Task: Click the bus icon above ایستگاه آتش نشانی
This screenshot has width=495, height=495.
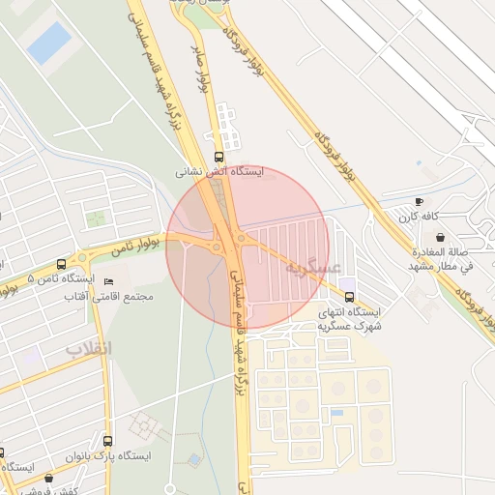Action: (218, 155)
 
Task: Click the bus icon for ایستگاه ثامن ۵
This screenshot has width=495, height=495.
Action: (62, 263)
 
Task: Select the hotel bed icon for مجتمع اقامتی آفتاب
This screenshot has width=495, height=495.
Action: (108, 281)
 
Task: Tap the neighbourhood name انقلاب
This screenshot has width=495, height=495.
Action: (89, 346)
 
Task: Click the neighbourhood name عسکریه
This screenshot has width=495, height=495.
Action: (315, 266)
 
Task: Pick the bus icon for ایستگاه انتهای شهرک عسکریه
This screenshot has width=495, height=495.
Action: (349, 297)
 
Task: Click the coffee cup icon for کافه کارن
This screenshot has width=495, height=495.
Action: (418, 201)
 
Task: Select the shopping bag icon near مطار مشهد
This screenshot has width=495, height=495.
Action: (441, 236)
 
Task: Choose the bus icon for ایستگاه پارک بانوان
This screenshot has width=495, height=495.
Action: (107, 441)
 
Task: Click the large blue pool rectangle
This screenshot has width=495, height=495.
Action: (48, 43)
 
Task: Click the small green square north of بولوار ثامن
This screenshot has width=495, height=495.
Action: (95, 218)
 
